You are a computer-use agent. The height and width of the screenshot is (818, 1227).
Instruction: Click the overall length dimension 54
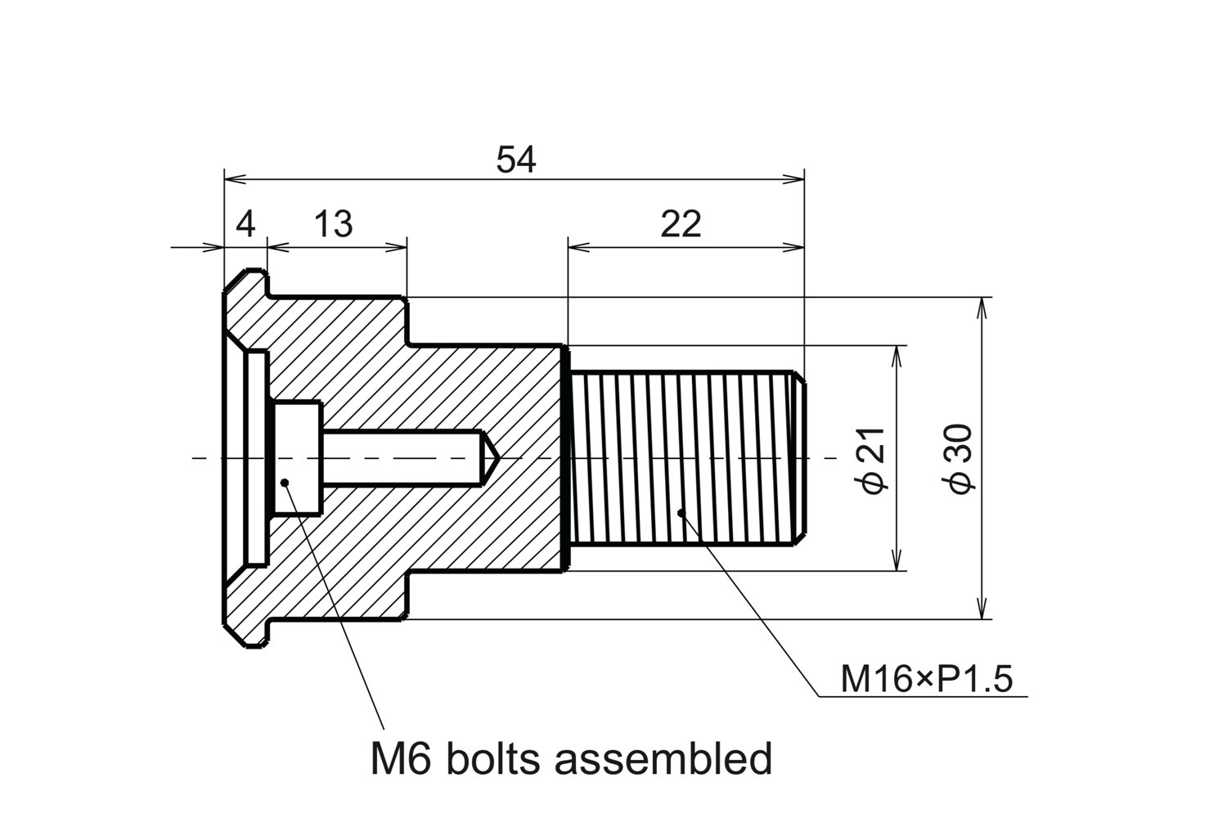pos(516,160)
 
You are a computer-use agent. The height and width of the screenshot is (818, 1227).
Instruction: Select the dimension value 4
pos(245,223)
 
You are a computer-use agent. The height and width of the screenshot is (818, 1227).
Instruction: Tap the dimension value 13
pos(333,223)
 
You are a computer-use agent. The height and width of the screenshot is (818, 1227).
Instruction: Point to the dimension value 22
pos(681,223)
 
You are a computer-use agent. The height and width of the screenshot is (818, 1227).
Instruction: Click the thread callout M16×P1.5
pos(927,679)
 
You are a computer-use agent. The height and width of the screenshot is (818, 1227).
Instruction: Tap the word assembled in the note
pos(663,759)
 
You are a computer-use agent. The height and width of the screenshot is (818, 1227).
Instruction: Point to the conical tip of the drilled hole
pos(490,457)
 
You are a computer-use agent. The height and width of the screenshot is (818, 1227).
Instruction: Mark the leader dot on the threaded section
pos(681,513)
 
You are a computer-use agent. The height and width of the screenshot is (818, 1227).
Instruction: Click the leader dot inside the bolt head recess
pos(285,482)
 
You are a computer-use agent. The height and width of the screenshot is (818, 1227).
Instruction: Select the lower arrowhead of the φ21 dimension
pos(898,561)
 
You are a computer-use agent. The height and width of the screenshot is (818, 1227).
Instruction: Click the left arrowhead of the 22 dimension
pos(578,245)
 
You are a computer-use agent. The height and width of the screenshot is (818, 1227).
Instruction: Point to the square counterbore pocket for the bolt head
pos(297,457)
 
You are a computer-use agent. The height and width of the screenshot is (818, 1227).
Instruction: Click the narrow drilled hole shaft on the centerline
pos(401,457)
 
